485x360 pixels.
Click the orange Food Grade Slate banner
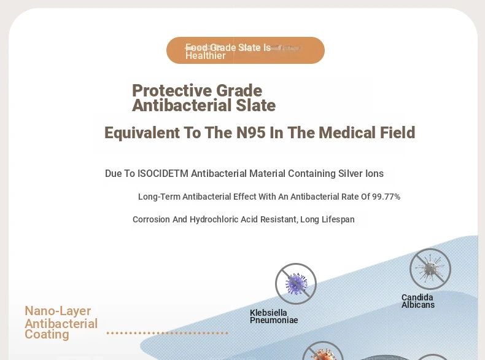pos(246,50)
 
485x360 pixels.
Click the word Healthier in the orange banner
pos(206,56)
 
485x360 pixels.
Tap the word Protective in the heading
pos(173,91)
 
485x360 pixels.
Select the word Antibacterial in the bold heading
pos(182,105)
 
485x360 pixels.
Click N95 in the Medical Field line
pos(251,133)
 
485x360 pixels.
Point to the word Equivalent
pos(142,133)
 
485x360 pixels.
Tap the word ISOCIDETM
pos(163,174)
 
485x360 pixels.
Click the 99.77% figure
pos(386,197)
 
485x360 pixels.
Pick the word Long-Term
pos(159,197)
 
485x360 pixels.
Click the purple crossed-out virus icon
pos(296,284)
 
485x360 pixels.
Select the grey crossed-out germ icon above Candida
pos(430,269)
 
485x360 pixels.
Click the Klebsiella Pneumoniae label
pos(274,316)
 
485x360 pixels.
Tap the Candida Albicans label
pos(418,301)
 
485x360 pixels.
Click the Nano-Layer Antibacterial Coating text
pos(61,323)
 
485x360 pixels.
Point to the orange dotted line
pos(168,333)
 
